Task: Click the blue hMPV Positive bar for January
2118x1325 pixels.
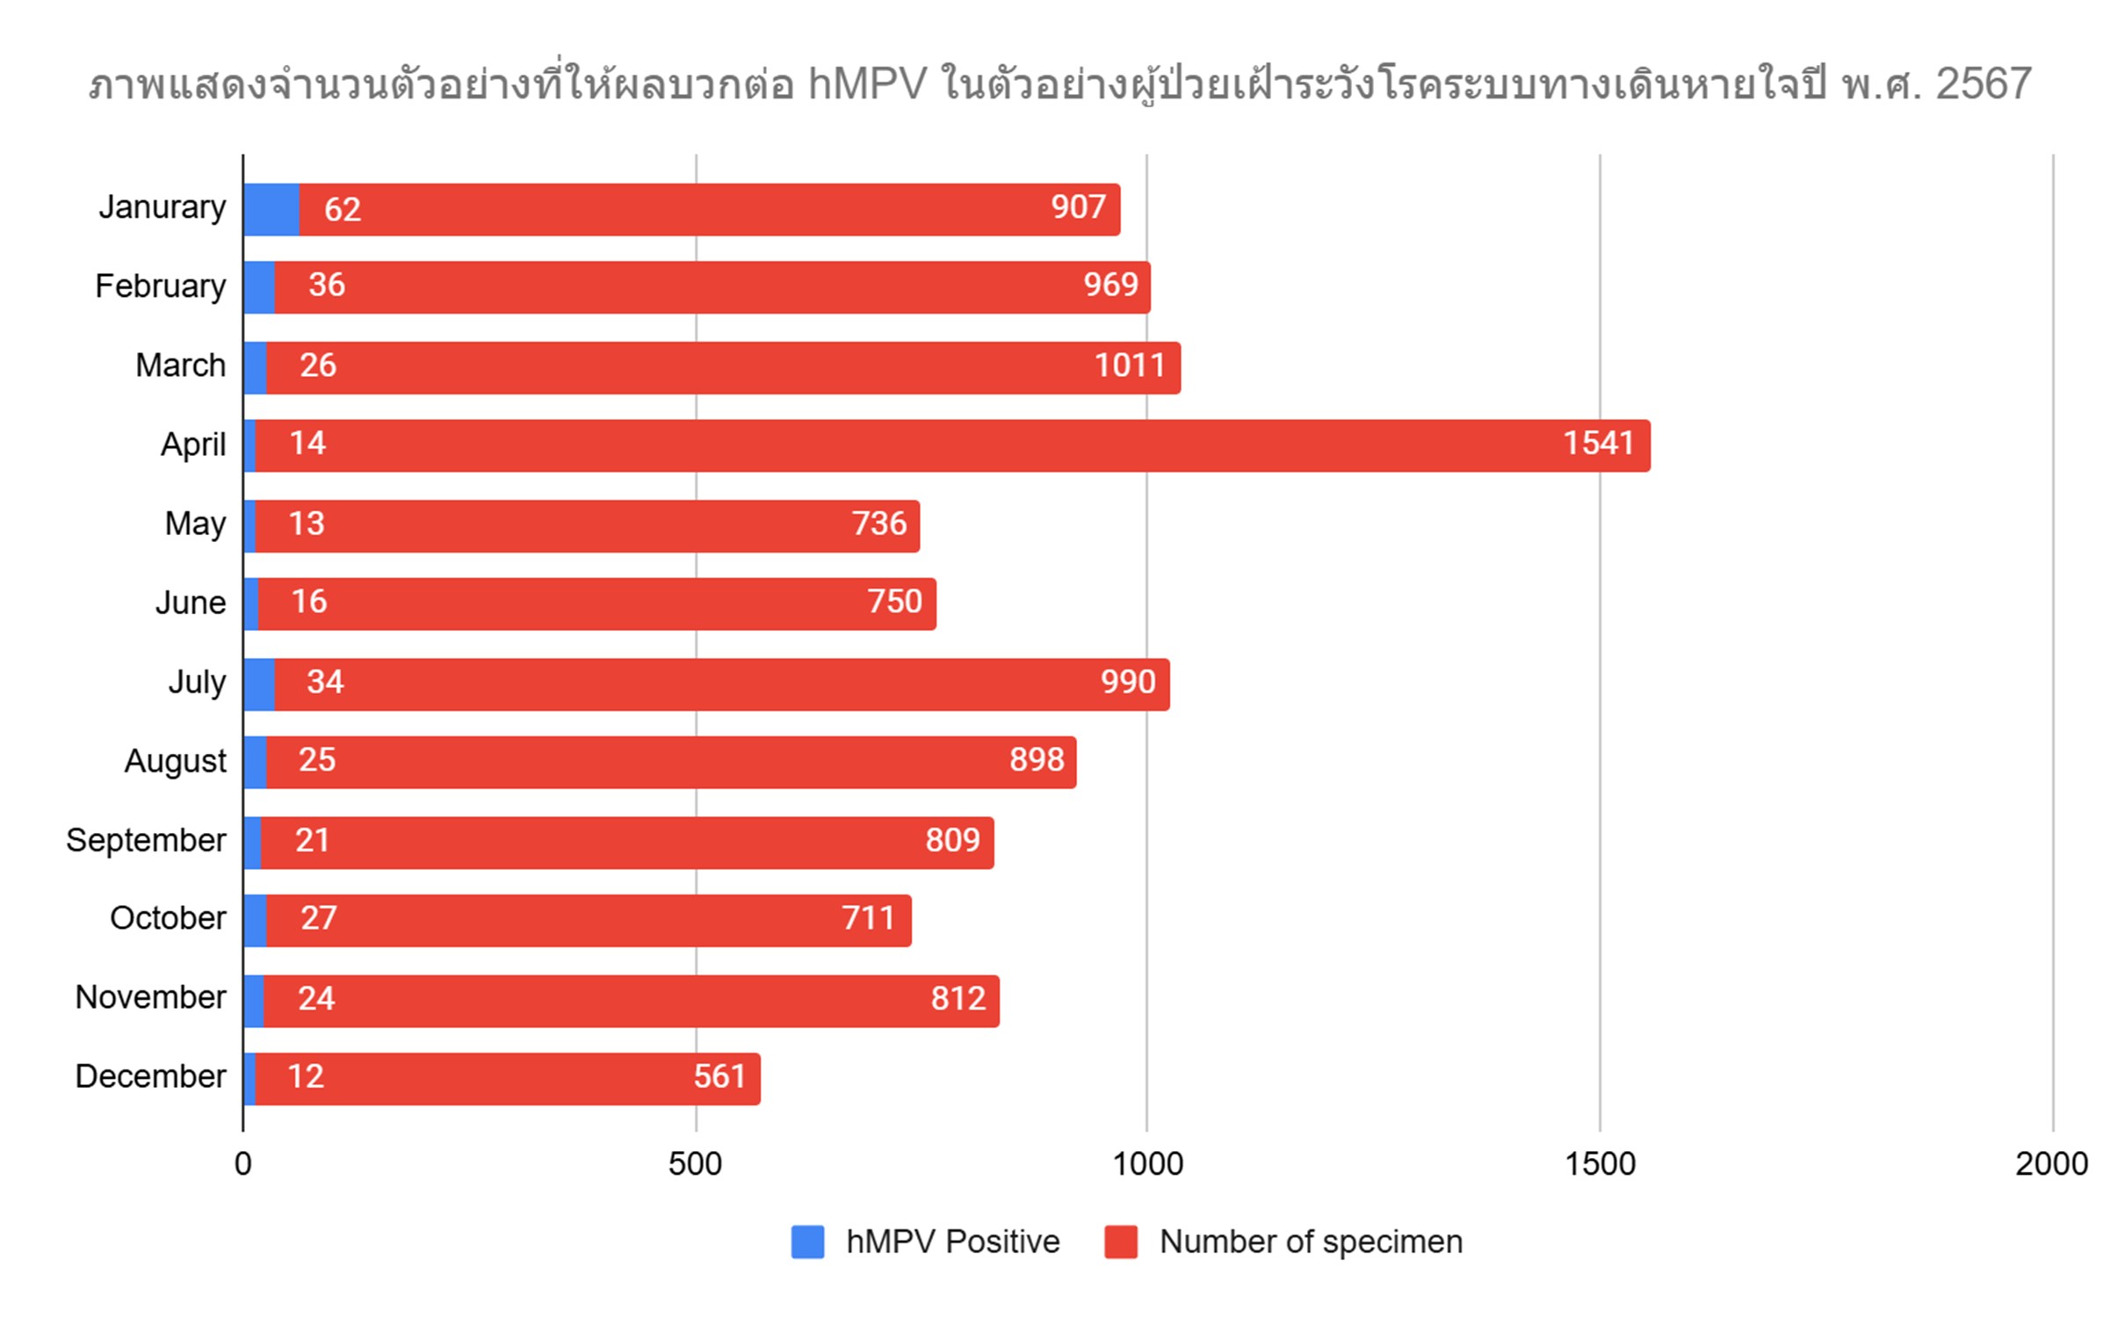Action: [x=271, y=209]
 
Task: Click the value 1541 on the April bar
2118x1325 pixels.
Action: [x=1598, y=443]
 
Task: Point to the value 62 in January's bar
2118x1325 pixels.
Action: [x=342, y=209]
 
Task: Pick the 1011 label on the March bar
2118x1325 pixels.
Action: [x=1129, y=366]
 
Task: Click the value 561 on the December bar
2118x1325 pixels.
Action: [x=719, y=1076]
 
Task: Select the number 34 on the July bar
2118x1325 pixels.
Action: [x=325, y=682]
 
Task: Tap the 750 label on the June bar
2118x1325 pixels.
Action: [x=894, y=602]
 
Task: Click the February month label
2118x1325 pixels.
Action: [x=161, y=286]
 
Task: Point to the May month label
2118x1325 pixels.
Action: [x=195, y=524]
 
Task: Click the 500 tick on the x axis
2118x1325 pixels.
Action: [x=695, y=1164]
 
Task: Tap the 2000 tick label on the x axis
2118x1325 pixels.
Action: [x=2051, y=1164]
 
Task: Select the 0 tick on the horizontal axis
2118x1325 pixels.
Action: [x=243, y=1164]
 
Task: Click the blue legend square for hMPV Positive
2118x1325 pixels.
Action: [x=807, y=1242]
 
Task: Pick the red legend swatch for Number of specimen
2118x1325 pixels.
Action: [x=1121, y=1242]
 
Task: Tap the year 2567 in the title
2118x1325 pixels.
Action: [x=1984, y=85]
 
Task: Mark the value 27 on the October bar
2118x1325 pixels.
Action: [x=318, y=918]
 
